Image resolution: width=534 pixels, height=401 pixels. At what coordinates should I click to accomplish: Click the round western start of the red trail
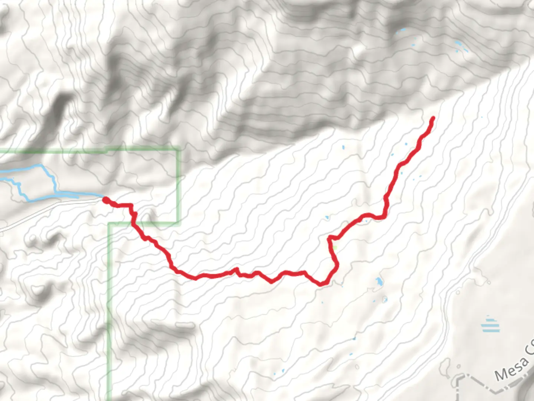[105, 200]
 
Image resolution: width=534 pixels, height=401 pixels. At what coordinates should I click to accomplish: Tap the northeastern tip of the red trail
[432, 119]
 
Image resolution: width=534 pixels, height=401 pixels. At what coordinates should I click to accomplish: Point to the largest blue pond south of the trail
[379, 282]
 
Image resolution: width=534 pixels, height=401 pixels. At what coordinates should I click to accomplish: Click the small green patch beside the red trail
[335, 248]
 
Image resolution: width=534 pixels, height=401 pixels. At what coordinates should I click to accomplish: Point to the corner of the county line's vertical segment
[459, 378]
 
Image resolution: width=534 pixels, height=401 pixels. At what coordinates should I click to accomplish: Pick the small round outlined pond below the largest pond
[385, 299]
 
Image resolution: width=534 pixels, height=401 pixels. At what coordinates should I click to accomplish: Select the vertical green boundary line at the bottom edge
[109, 386]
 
